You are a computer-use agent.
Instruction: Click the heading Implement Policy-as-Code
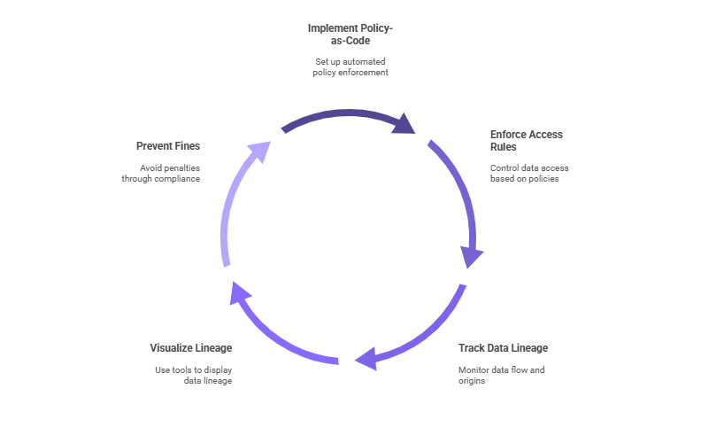tap(350, 35)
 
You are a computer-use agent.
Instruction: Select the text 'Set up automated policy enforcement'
tap(350, 66)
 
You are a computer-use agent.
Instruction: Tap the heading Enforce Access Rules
tap(526, 140)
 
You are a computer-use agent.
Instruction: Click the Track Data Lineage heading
tap(503, 347)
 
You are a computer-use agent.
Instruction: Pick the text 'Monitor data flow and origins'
tap(502, 375)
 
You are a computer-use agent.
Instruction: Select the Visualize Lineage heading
tap(191, 347)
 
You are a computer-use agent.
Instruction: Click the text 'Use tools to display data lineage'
tap(193, 375)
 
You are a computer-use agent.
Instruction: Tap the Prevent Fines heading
tap(168, 145)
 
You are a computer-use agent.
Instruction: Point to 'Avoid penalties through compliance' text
tap(161, 173)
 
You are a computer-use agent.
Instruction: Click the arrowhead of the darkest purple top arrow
tap(404, 122)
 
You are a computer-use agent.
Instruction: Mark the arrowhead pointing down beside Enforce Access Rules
tap(473, 256)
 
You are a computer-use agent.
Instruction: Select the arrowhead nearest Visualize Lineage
tap(239, 291)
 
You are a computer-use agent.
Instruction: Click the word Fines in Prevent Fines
tap(186, 145)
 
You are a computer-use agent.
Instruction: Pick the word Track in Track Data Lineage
tap(471, 347)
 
